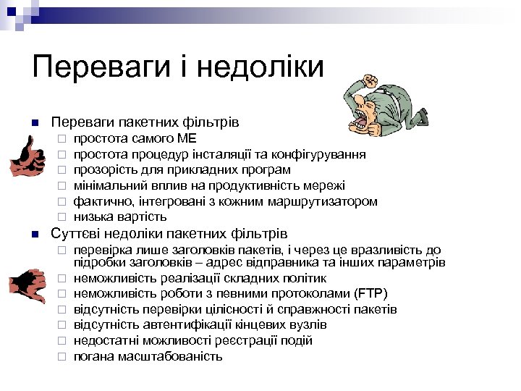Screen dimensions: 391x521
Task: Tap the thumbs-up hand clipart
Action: (x=27, y=157)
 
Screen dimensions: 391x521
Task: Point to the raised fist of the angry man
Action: (x=370, y=79)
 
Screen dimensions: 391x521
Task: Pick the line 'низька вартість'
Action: (x=119, y=216)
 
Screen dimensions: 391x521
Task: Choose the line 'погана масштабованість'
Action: (x=148, y=356)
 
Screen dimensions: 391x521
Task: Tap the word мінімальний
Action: (x=106, y=185)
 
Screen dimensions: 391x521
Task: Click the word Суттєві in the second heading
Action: (x=76, y=234)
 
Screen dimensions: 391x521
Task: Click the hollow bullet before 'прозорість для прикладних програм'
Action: (x=62, y=170)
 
